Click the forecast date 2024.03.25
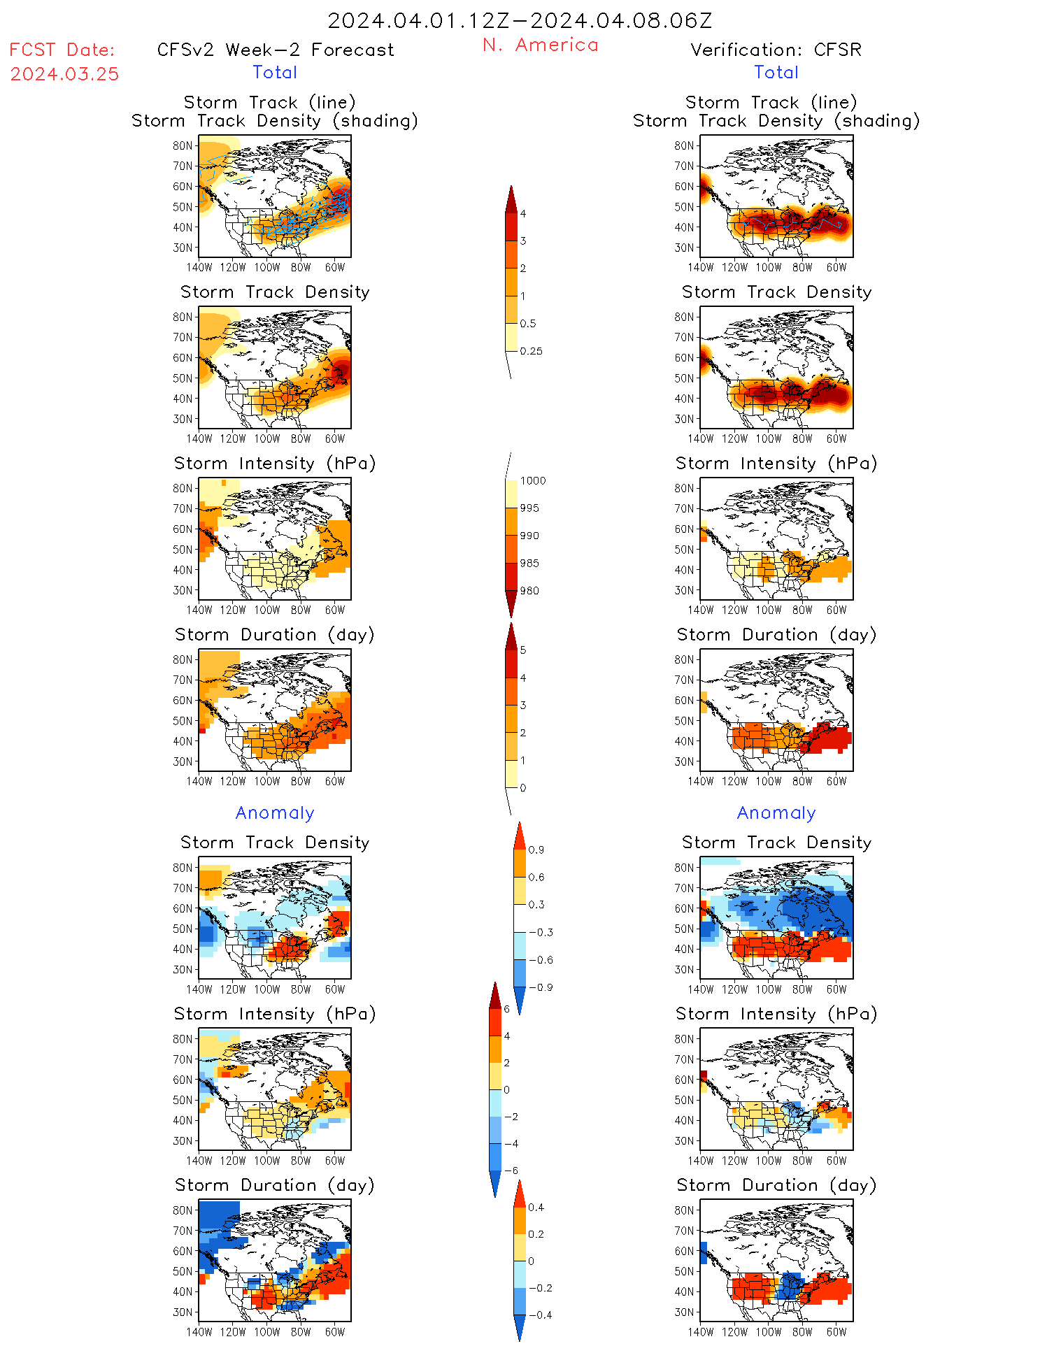pyautogui.click(x=64, y=74)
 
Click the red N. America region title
pyautogui.click(x=541, y=45)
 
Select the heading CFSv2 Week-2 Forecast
pyautogui.click(x=276, y=50)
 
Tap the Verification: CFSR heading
pyautogui.click(x=776, y=50)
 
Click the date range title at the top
pyautogui.click(x=520, y=21)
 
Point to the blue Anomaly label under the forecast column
pyautogui.click(x=275, y=812)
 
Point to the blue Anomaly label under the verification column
pyautogui.click(x=776, y=812)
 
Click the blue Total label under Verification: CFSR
pyautogui.click(x=776, y=72)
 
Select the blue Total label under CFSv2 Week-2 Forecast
pyautogui.click(x=275, y=72)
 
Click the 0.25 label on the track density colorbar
pyautogui.click(x=532, y=351)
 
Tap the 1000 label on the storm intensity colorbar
pyautogui.click(x=533, y=480)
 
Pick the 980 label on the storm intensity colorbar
pyautogui.click(x=529, y=591)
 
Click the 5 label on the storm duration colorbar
pyautogui.click(x=523, y=650)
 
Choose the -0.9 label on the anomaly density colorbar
pyautogui.click(x=541, y=987)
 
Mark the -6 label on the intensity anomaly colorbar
pyautogui.click(x=511, y=1170)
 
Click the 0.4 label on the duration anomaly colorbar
pyautogui.click(x=536, y=1207)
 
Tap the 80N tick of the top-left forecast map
pyautogui.click(x=183, y=145)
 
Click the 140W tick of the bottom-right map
pyautogui.click(x=701, y=1332)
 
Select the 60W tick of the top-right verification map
pyautogui.click(x=836, y=267)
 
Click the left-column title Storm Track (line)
pyautogui.click(x=270, y=102)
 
